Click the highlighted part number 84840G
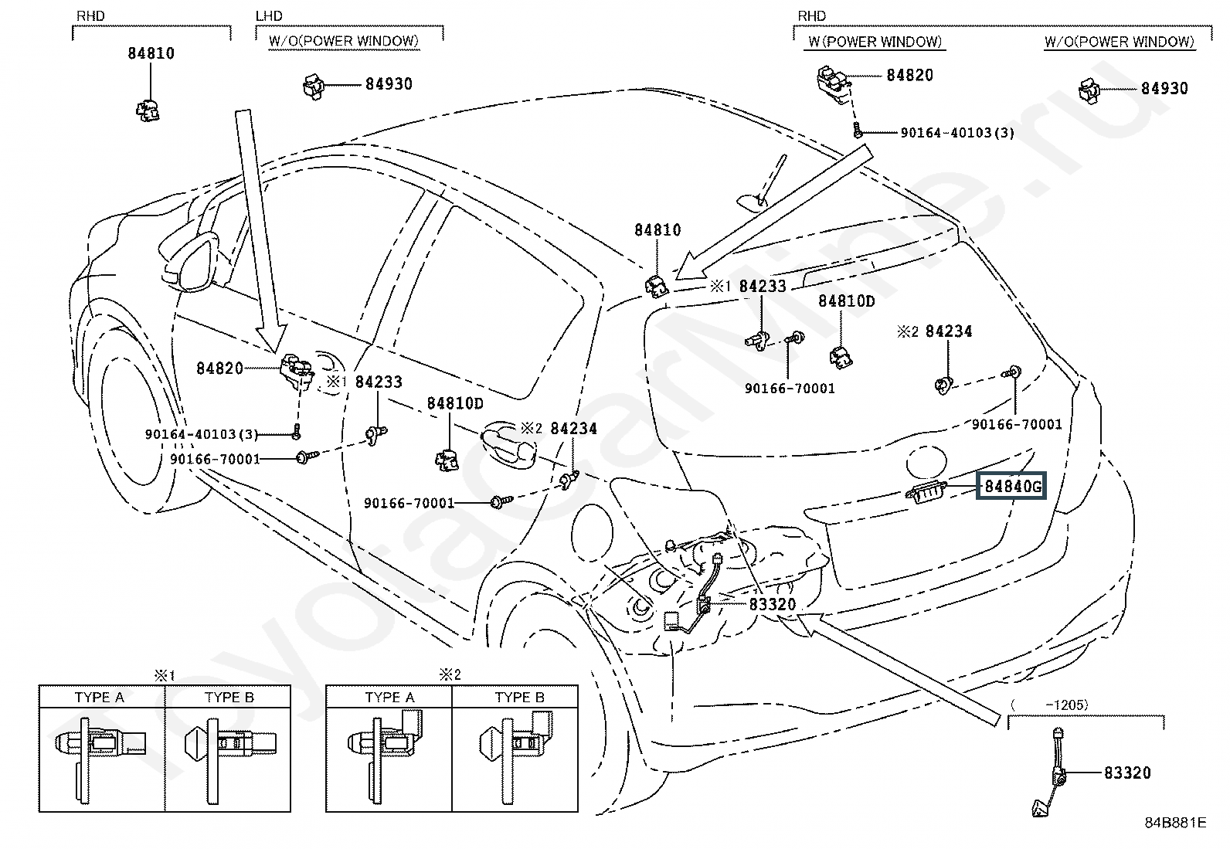[x=1011, y=486]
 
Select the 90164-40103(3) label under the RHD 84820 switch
[x=957, y=132]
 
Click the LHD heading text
[x=269, y=16]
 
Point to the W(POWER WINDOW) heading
[x=875, y=42]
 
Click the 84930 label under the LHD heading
[x=389, y=84]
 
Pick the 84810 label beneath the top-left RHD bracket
[x=151, y=53]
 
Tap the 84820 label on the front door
[x=219, y=368]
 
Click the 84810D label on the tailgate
[x=846, y=301]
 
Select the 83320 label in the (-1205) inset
[x=1127, y=773]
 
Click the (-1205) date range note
[x=1048, y=705]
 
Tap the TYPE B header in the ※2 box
[x=519, y=698]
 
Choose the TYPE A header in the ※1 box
[x=100, y=698]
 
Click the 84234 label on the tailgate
[x=948, y=331]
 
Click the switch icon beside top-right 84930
[x=1089, y=90]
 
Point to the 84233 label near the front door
[x=379, y=382]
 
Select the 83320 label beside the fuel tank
[x=773, y=604]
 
